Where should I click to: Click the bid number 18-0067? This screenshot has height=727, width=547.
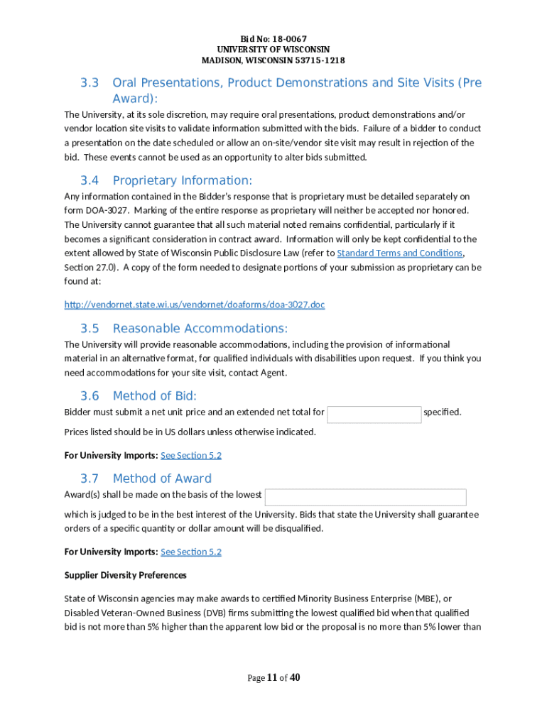(291, 38)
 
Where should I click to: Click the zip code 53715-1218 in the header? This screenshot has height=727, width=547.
(315, 60)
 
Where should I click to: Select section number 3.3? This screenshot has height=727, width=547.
(89, 83)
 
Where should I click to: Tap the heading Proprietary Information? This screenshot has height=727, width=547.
(183, 180)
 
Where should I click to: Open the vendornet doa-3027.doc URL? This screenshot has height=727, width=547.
(195, 305)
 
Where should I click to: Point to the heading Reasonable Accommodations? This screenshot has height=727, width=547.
(200, 329)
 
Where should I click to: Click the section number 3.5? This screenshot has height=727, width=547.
(89, 329)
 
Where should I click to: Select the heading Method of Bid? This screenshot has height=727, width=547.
(155, 396)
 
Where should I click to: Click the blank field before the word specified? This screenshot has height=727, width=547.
(374, 415)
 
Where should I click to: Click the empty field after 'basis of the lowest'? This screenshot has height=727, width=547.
(366, 497)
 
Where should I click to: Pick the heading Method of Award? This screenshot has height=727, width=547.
(162, 479)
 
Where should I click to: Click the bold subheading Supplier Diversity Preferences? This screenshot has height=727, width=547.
(126, 575)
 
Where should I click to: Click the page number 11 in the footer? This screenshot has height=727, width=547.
(272, 678)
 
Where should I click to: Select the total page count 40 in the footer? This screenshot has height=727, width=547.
(295, 678)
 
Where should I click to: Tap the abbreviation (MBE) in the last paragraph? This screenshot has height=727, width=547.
(422, 598)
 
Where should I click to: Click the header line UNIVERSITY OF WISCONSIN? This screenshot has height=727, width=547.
(273, 49)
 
